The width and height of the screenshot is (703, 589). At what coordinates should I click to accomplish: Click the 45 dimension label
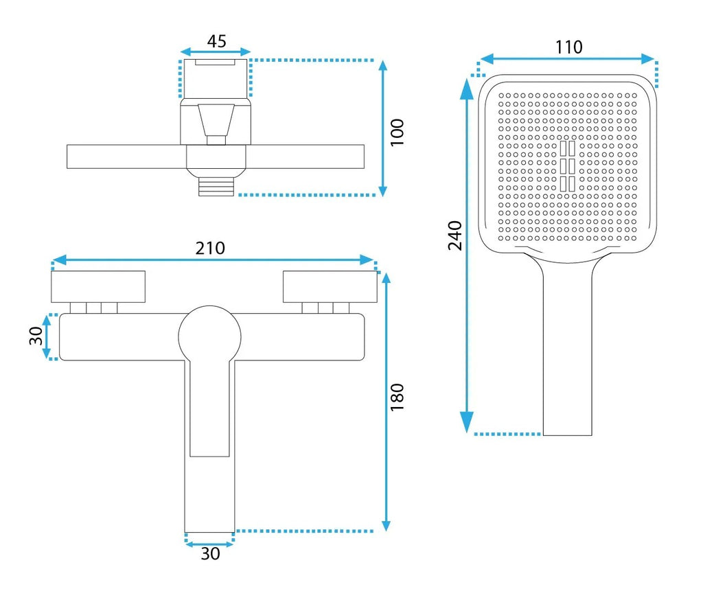[216, 41]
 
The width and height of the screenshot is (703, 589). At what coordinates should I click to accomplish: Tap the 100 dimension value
[397, 132]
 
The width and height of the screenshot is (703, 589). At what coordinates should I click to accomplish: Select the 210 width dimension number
[210, 248]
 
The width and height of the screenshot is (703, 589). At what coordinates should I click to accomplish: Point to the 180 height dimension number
[397, 397]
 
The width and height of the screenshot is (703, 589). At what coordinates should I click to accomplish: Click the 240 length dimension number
[455, 235]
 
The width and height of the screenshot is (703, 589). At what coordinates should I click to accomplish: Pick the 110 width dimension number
[569, 47]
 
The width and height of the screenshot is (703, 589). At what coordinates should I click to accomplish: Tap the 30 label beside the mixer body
[36, 336]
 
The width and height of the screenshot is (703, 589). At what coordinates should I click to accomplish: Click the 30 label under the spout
[210, 553]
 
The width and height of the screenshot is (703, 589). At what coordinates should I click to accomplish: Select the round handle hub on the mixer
[209, 337]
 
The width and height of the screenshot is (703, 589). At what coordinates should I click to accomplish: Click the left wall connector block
[98, 286]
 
